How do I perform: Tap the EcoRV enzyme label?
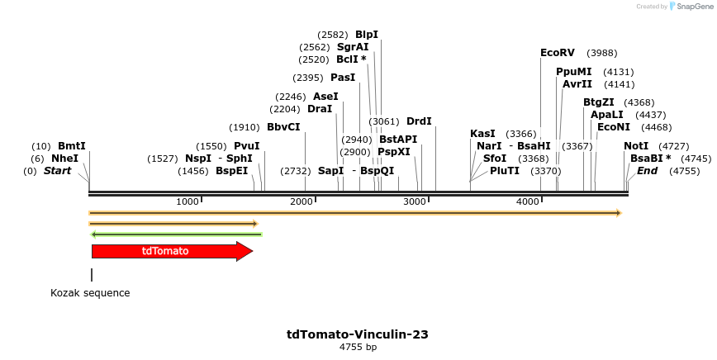(557, 53)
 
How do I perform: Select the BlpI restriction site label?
(367, 35)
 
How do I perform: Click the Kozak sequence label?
(90, 293)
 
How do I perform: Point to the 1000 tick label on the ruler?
(188, 202)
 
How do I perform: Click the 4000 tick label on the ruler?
(527, 202)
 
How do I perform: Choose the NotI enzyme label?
(636, 146)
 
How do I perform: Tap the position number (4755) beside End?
(684, 171)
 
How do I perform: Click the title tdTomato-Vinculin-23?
(358, 334)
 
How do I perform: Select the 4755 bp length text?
(358, 348)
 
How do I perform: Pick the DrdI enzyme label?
(419, 121)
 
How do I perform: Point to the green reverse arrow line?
(176, 234)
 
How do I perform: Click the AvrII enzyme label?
(577, 84)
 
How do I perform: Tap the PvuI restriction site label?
(247, 146)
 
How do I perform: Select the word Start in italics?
(57, 171)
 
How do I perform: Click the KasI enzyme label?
(482, 134)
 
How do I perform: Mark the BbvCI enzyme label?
(283, 127)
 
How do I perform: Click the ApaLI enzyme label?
(607, 115)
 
